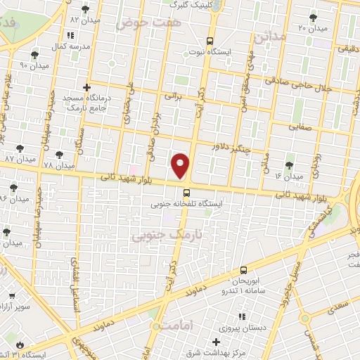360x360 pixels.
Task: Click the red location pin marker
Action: coord(181,165)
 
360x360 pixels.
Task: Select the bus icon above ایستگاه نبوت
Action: coord(209,41)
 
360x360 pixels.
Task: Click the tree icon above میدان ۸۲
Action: coord(86,9)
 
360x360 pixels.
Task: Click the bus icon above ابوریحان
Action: coord(243,269)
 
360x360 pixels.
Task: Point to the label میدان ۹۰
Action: coord(33,65)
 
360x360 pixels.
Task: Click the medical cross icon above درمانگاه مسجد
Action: coord(86,88)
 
